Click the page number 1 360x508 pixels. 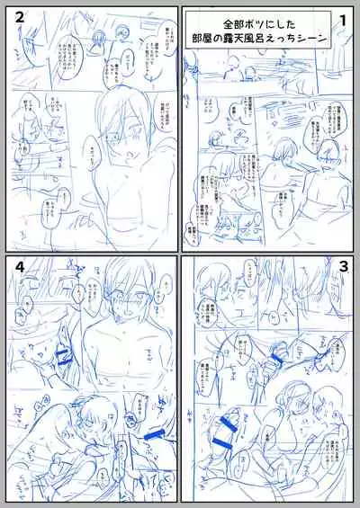343,19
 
